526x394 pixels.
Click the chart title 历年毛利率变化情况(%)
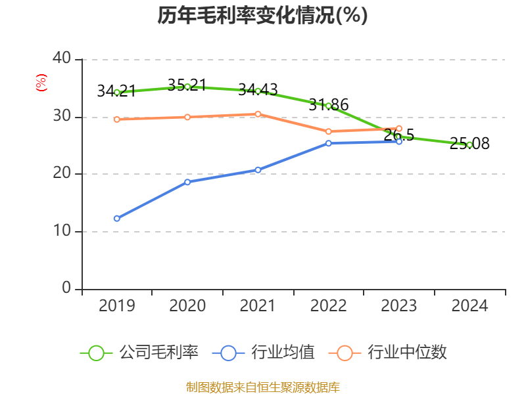pos(262,15)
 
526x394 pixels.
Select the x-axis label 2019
pos(117,306)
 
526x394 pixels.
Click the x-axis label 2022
pos(328,306)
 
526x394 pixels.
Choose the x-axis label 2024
pos(469,306)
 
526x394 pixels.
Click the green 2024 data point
pos(469,144)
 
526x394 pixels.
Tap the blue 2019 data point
pos(117,218)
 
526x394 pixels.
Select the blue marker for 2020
pos(187,182)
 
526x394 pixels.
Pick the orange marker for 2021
pos(258,114)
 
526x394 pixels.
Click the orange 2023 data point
pos(399,129)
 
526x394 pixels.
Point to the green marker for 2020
pos(187,87)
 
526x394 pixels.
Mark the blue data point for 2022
pos(329,143)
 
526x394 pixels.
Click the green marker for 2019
pos(117,93)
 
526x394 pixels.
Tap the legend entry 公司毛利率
pos(139,353)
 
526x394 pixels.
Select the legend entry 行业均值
pos(264,353)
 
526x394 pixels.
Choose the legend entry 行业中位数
pos(392,353)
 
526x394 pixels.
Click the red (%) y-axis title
pos(41,83)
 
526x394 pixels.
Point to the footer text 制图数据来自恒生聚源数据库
pos(262,387)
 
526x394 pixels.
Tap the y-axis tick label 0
pos(66,288)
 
